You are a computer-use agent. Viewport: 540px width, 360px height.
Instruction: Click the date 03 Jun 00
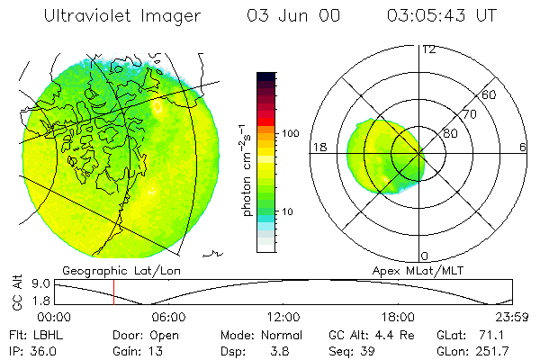(280, 16)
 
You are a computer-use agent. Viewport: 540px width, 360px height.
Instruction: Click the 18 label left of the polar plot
(319, 147)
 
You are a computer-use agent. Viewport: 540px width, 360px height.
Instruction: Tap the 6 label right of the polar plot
(523, 147)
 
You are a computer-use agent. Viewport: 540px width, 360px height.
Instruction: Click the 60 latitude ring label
(490, 94)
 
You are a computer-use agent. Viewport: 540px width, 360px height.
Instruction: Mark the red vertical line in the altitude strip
(113, 292)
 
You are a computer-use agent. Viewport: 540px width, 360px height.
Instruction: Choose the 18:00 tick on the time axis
(398, 316)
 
